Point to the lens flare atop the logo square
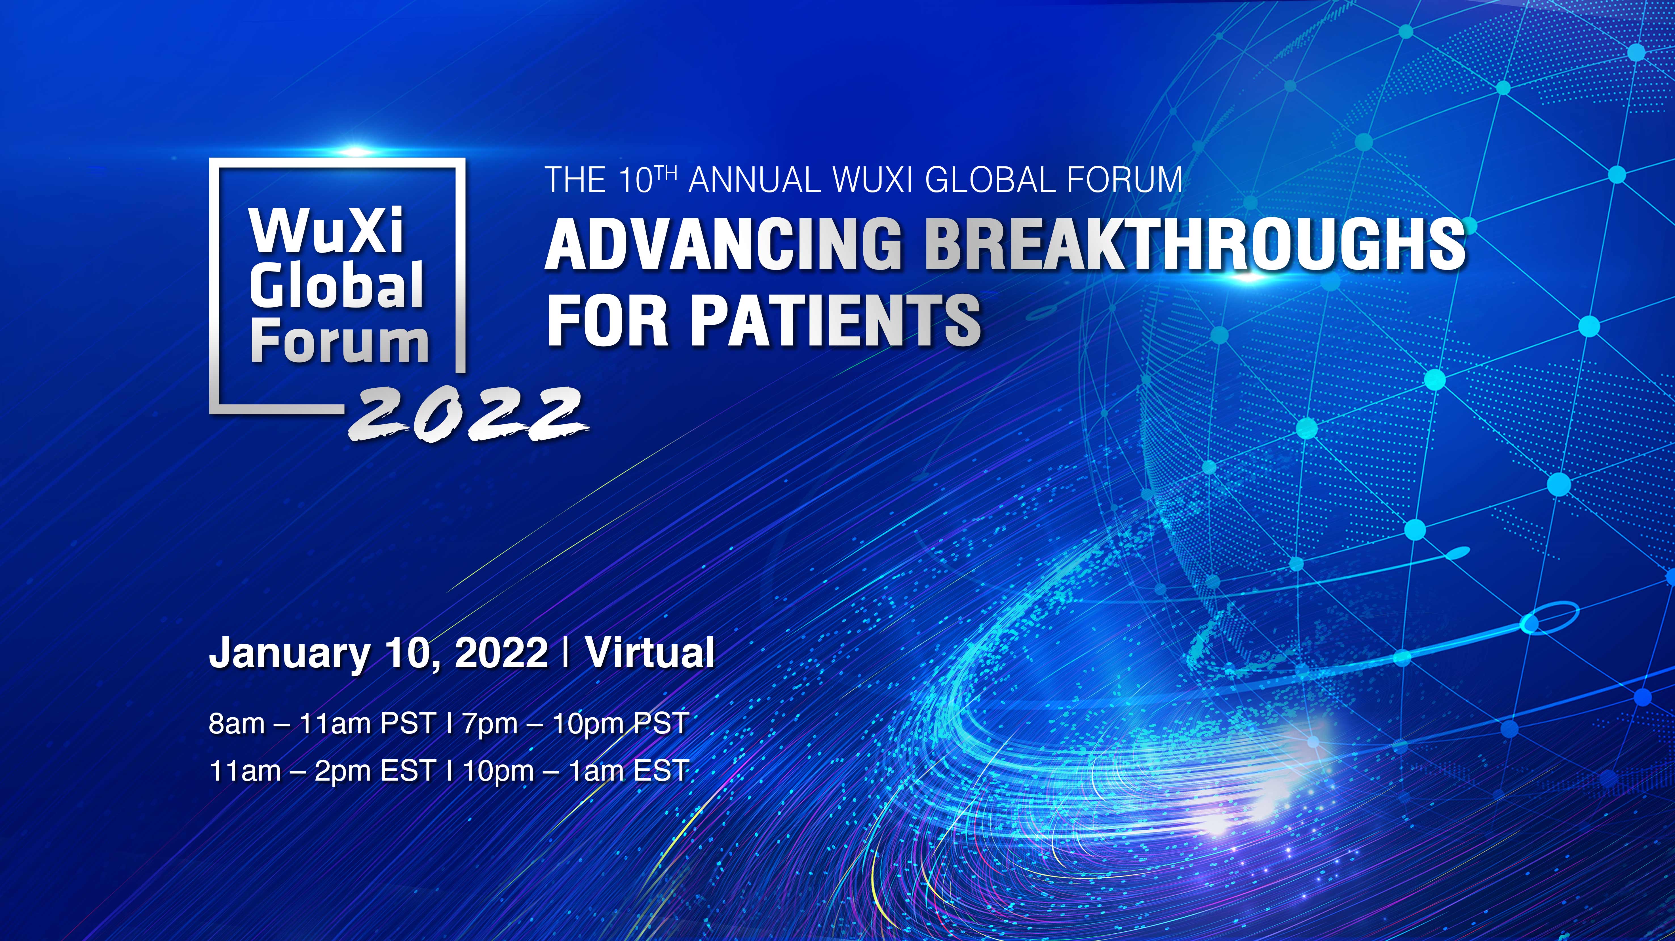click(x=355, y=152)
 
